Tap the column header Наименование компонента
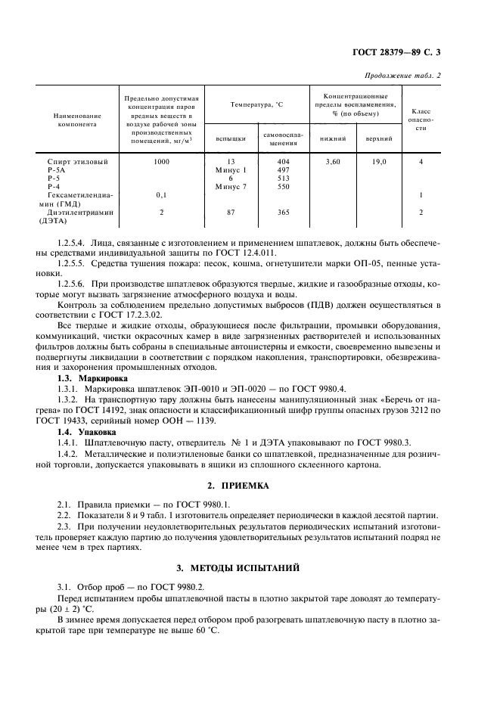tap(76, 120)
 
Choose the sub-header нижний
tap(332, 138)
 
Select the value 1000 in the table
tap(161, 162)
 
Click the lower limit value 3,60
tap(332, 162)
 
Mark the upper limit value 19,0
tap(379, 162)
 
